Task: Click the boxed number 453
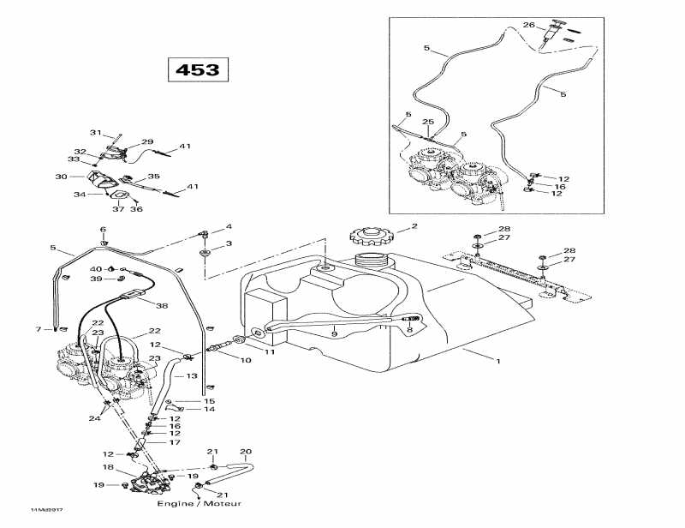[x=198, y=69]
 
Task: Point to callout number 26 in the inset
[x=528, y=25]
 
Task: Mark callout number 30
[x=61, y=177]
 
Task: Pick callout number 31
[x=96, y=133]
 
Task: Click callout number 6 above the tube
[x=103, y=230]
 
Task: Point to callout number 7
[x=39, y=329]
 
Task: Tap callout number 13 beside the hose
[x=192, y=376]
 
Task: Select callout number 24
[x=94, y=418]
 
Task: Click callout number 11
[x=269, y=351]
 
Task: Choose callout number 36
[x=136, y=209]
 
